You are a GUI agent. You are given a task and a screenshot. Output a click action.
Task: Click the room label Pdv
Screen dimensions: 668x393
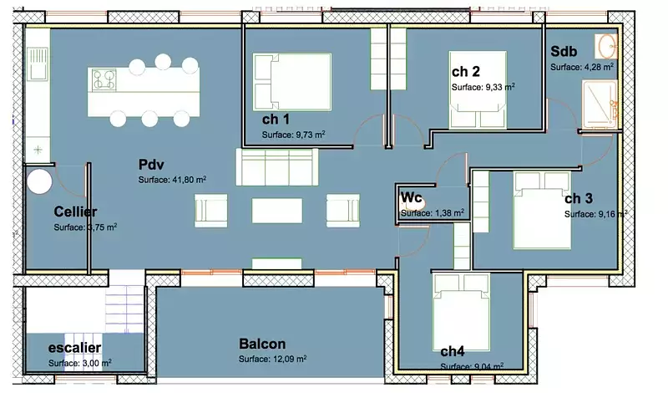coord(151,165)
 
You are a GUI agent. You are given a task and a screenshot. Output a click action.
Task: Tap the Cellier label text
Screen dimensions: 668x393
coord(75,212)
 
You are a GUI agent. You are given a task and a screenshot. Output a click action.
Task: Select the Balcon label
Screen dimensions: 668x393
coord(262,344)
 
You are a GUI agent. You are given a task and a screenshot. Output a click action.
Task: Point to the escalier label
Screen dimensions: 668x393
coord(74,348)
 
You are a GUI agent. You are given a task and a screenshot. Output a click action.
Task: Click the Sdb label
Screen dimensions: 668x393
coord(564,51)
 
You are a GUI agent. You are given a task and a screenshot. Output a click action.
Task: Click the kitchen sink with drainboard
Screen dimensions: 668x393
coord(38,64)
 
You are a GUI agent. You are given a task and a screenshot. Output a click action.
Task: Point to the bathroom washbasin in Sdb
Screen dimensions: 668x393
coord(606,46)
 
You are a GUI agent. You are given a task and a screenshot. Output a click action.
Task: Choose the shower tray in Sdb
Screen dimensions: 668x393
coord(600,105)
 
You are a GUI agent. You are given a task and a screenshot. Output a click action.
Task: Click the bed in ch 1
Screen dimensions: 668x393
coord(291,81)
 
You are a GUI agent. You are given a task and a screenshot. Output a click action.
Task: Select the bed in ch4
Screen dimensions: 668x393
coord(461,312)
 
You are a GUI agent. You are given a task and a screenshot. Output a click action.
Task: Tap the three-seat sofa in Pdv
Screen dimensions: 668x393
coord(277,167)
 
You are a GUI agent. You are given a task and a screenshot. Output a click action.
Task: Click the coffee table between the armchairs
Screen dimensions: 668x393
coord(277,211)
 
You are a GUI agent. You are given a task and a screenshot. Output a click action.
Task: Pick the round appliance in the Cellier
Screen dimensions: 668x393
coord(39,181)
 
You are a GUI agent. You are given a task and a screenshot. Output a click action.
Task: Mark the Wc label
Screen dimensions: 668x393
coord(411,197)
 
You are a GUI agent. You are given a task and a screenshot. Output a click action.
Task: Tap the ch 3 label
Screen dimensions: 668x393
coord(579,198)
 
